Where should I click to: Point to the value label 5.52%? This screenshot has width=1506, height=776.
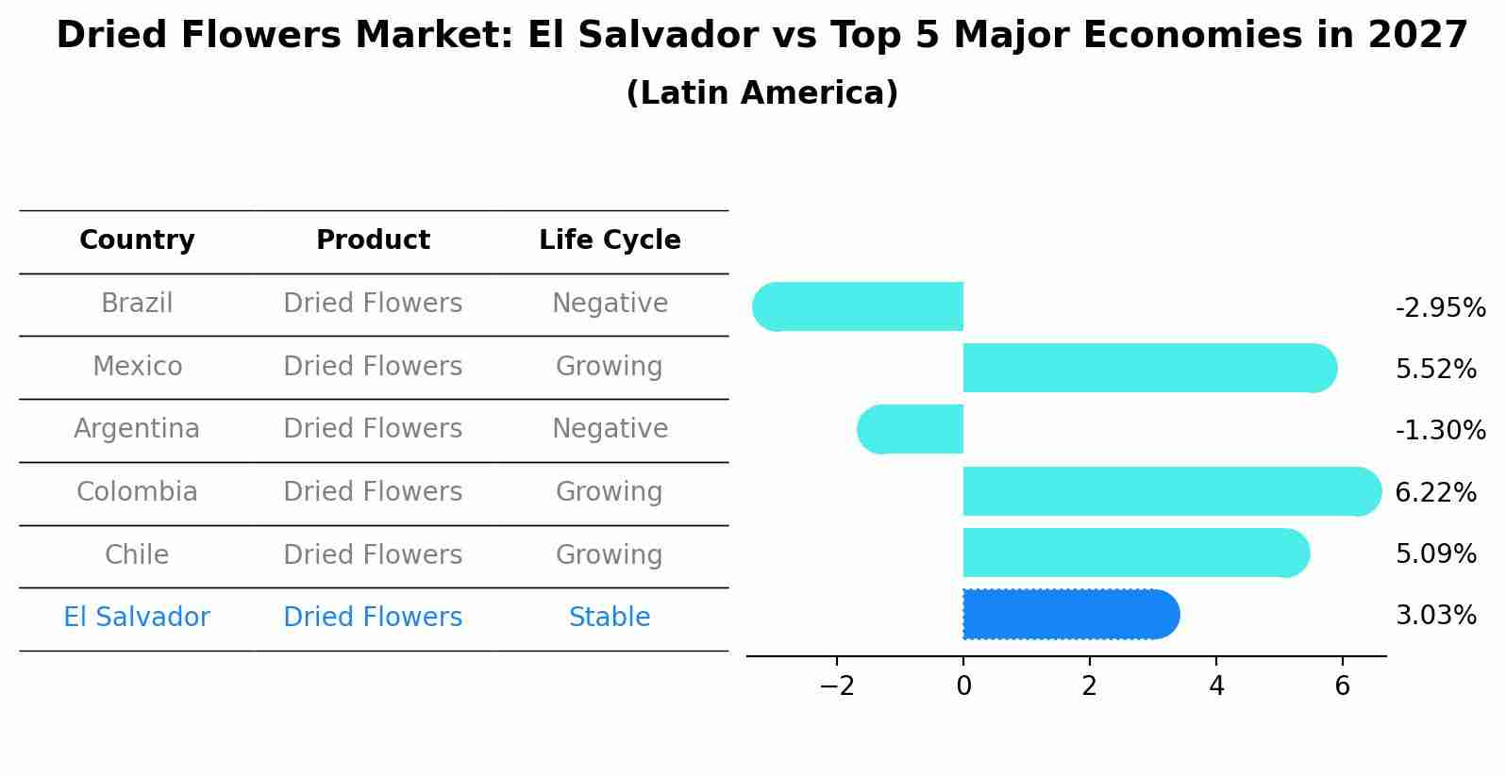pyautogui.click(x=1435, y=369)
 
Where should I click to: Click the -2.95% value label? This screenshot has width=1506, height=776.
pyautogui.click(x=1440, y=307)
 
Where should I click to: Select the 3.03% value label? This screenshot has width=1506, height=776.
pyautogui.click(x=1435, y=615)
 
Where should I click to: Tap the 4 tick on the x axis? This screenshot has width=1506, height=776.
pyautogui.click(x=1215, y=685)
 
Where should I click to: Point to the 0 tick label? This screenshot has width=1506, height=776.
pyautogui.click(x=963, y=685)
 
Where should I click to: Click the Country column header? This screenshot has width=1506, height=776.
pyautogui.click(x=137, y=240)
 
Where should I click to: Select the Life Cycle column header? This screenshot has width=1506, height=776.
pyautogui.click(x=610, y=240)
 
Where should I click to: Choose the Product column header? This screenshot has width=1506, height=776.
pyautogui.click(x=373, y=240)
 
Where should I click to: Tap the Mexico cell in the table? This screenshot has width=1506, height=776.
pyautogui.click(x=137, y=366)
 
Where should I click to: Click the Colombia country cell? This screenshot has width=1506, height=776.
pyautogui.click(x=137, y=491)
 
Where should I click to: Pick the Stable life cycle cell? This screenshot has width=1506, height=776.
pyautogui.click(x=610, y=617)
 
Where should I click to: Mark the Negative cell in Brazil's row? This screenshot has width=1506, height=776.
pyautogui.click(x=610, y=303)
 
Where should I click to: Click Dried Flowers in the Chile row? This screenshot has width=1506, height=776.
pyautogui.click(x=373, y=554)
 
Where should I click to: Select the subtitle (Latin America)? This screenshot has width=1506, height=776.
pyautogui.click(x=761, y=92)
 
